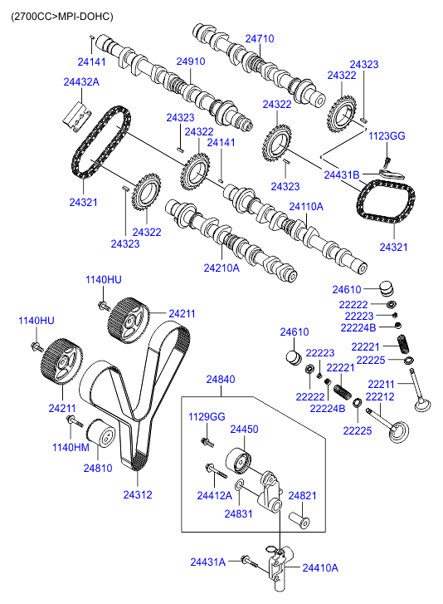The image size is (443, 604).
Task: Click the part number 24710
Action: coord(260,38)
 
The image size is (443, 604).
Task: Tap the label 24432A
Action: coord(81,81)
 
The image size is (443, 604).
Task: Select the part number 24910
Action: coord(191,61)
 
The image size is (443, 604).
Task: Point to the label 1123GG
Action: coord(387,135)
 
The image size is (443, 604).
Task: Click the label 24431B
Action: coord(342,174)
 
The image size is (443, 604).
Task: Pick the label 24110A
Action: coord(306,207)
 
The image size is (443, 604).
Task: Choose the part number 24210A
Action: coord(221,268)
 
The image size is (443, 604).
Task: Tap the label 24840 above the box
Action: coord(221,380)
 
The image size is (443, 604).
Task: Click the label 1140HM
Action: coord(71,447)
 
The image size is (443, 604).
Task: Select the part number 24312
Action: coord(138,494)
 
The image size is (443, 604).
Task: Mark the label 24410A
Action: coord(320,567)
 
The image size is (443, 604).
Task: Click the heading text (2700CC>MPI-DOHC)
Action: coord(62,17)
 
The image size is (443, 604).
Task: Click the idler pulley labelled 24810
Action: coord(100,434)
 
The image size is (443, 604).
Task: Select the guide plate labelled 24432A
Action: coord(77,117)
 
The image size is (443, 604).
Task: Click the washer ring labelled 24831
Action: coord(238,484)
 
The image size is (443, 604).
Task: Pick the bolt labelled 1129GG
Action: coord(207,442)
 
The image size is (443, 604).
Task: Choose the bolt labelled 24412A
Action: coord(217,471)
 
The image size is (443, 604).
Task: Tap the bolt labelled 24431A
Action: coord(250,562)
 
